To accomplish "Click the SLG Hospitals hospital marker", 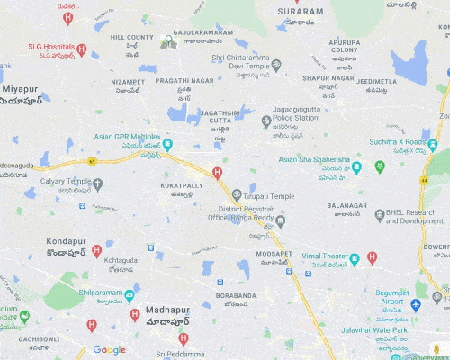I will [x=82, y=49].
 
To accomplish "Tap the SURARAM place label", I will [x=300, y=12].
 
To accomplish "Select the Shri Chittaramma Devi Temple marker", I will [x=276, y=65].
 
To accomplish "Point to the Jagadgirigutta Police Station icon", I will [x=265, y=121].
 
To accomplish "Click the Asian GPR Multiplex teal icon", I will [x=167, y=144].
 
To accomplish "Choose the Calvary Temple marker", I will [x=98, y=184].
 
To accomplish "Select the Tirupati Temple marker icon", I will [x=237, y=195].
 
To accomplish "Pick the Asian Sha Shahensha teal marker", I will [x=356, y=167].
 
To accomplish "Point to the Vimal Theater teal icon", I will [x=355, y=259].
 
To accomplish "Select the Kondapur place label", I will [x=66, y=242].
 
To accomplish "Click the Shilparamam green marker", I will [x=130, y=295].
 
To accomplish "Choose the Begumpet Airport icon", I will [x=416, y=305].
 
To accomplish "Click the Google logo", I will [x=109, y=350].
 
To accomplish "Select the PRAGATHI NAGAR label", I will [x=184, y=80].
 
